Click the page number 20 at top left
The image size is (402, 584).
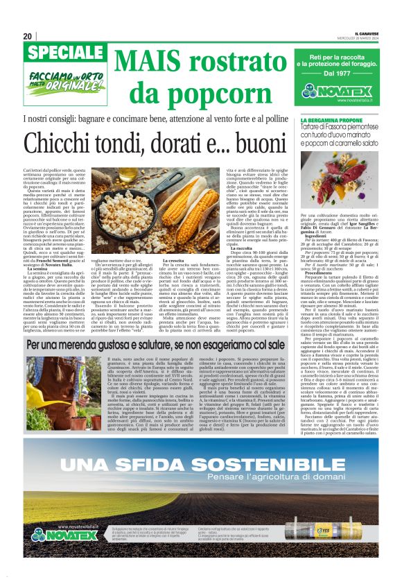pos(28,37)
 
